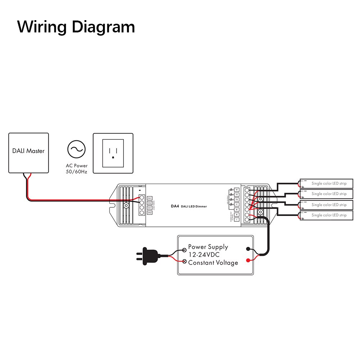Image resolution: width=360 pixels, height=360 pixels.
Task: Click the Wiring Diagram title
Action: [x=76, y=27]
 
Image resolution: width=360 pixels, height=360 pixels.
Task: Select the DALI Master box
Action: [x=28, y=153]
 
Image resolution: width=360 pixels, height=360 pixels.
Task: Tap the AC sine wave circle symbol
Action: [x=76, y=149]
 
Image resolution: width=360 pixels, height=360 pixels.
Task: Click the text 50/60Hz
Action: [x=76, y=171]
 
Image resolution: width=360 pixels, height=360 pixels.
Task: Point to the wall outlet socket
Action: [x=113, y=153]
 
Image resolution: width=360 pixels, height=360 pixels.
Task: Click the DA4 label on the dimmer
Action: [x=175, y=206]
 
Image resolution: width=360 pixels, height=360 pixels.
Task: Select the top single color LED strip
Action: [x=327, y=184]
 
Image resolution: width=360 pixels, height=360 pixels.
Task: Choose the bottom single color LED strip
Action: [x=327, y=215]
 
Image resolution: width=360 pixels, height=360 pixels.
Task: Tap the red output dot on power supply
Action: [x=248, y=260]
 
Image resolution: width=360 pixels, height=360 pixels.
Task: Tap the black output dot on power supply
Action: [x=248, y=249]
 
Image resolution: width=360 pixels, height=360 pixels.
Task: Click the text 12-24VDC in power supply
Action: [x=204, y=255]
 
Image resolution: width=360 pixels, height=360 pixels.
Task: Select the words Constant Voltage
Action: [x=213, y=263]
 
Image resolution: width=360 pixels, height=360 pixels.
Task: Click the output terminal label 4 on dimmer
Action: [x=237, y=190]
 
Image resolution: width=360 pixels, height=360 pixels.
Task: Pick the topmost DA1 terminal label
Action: [x=150, y=198]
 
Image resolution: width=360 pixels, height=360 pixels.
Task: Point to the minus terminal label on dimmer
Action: [x=237, y=219]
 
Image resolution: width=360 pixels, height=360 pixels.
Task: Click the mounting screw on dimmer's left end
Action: [x=126, y=206]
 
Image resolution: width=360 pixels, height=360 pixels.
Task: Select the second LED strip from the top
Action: [x=327, y=194]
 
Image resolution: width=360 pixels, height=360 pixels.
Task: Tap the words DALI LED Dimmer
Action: [x=194, y=206]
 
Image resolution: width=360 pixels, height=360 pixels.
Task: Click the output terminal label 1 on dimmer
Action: [x=237, y=204]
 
